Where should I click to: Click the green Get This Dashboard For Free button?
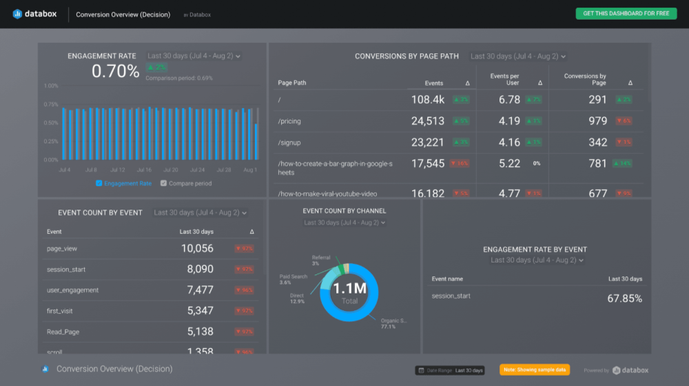626,14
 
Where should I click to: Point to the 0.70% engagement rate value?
115,71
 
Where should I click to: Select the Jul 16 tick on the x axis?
144,170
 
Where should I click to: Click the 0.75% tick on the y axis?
51,105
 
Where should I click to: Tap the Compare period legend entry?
186,183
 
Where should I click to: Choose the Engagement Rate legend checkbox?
99,183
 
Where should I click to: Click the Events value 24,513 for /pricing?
427,121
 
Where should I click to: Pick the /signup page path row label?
289,143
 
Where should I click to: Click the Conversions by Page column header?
584,79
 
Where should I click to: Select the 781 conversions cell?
597,163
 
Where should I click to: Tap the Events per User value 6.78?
509,100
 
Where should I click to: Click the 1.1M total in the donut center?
349,290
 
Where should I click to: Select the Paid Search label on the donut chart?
294,276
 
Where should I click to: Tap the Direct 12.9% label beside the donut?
296,298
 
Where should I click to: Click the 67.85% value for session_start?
624,298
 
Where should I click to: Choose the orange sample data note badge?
535,370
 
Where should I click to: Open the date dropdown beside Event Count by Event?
200,213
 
